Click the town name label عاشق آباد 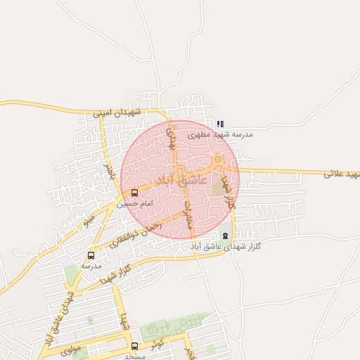point(180,181)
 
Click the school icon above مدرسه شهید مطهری point(220,124)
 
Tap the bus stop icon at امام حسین point(134,193)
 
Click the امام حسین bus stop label point(134,204)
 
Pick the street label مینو point(89,221)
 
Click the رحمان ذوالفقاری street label point(136,235)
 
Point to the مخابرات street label point(188,214)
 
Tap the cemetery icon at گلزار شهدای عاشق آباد point(225,236)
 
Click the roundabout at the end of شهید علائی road point(218,162)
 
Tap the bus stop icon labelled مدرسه point(91,255)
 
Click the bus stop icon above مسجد point(134,345)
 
